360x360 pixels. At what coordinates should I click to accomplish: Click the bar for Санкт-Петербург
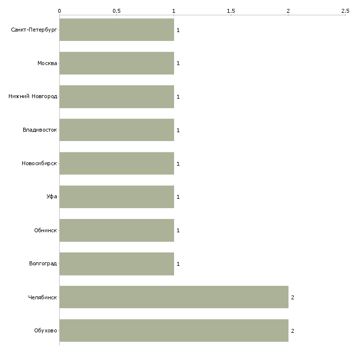click(117, 30)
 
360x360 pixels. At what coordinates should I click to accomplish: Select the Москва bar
click(117, 63)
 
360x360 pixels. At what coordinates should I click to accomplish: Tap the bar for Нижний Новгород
click(117, 97)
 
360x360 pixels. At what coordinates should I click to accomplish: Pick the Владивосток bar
click(117, 130)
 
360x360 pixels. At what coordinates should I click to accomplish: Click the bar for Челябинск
click(174, 297)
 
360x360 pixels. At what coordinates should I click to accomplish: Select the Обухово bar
click(174, 330)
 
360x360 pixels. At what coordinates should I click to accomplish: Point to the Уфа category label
click(52, 197)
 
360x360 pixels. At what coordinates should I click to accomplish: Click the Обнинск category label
click(45, 230)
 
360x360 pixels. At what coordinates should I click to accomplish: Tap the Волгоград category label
click(43, 263)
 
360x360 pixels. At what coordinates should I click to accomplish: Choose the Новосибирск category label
click(39, 163)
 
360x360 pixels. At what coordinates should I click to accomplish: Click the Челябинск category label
click(42, 297)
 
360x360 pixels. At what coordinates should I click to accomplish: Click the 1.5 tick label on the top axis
click(231, 11)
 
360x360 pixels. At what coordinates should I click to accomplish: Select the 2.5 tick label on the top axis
click(345, 11)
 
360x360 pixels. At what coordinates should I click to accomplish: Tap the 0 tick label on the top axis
click(60, 11)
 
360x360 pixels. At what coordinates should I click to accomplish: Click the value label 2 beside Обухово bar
click(292, 331)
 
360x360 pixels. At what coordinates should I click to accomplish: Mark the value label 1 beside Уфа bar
click(178, 197)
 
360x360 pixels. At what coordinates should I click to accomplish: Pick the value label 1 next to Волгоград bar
click(178, 264)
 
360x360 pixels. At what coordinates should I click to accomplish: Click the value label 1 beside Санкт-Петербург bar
click(178, 30)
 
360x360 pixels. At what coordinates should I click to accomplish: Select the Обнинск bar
click(117, 230)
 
